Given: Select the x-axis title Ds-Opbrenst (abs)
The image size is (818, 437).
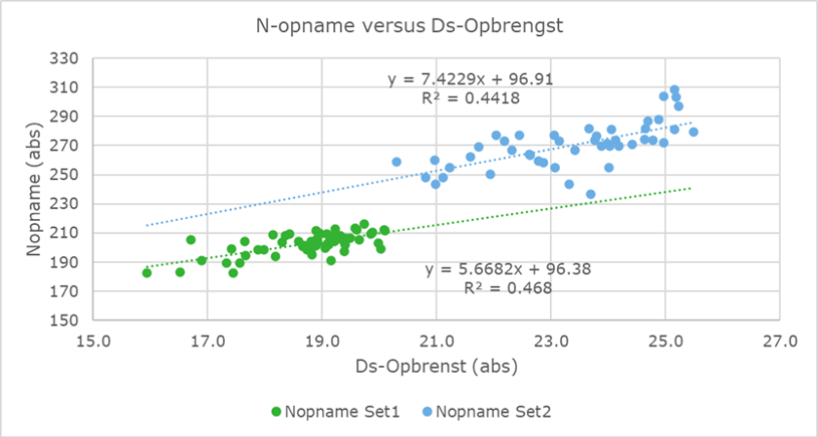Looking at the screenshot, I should [x=436, y=367].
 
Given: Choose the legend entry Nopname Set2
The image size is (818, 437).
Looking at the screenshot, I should [x=493, y=412].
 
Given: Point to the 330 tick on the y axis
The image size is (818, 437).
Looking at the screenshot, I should [x=64, y=58].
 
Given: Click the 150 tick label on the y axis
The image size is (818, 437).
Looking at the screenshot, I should [x=64, y=320].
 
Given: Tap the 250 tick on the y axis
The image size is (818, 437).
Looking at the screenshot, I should [x=64, y=175].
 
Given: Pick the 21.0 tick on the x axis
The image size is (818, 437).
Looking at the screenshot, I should [x=436, y=342].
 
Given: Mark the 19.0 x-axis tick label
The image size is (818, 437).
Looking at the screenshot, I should [x=321, y=342].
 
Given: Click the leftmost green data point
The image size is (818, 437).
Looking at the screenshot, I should [x=147, y=273].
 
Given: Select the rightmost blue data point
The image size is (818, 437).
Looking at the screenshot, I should [x=693, y=132].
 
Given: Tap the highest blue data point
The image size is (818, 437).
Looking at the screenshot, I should [x=674, y=90].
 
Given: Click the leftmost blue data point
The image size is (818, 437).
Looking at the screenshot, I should [x=396, y=162].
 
